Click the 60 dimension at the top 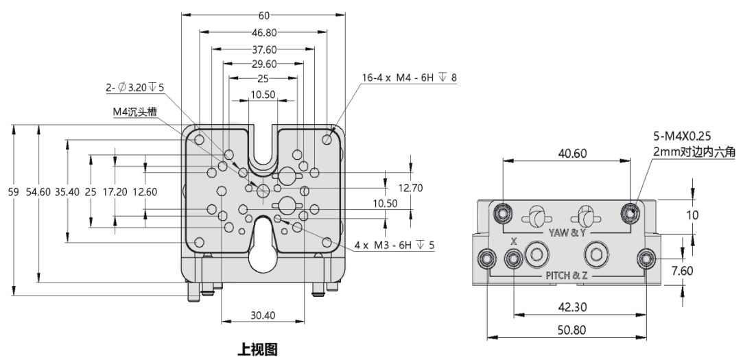coord(263,15)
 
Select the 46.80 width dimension coord(263,32)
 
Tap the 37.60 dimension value coord(263,49)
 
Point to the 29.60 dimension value coord(263,64)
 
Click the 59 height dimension coord(13,193)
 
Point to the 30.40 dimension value coord(263,315)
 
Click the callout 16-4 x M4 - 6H coord(410,77)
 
